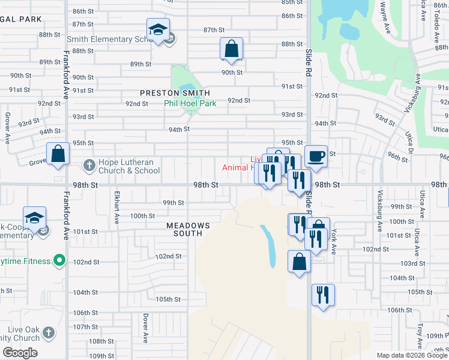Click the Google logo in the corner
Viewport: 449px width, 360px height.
[x=20, y=352]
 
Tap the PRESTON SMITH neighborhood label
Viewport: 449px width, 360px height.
[x=175, y=93]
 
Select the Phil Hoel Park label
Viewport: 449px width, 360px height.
[x=190, y=103]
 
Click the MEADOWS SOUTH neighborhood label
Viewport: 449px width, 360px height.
[x=188, y=229]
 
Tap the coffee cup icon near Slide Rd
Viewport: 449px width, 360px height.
[x=316, y=157]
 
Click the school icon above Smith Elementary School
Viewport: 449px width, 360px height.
[x=158, y=30]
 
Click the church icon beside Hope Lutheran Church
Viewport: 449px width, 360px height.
[x=89, y=165]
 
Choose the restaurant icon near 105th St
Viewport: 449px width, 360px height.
[x=323, y=295]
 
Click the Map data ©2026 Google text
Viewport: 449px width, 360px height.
[x=411, y=355]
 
